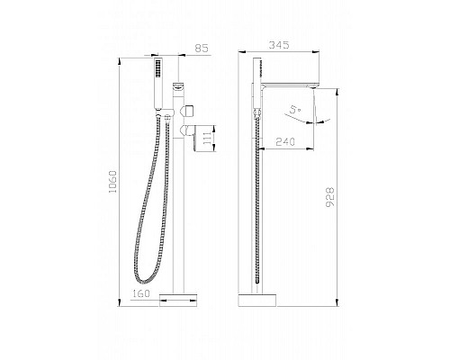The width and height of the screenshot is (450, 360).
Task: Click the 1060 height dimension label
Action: pyautogui.click(x=112, y=182)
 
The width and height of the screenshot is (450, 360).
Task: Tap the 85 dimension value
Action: pyautogui.click(x=202, y=48)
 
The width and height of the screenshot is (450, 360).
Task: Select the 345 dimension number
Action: pyautogui.click(x=279, y=45)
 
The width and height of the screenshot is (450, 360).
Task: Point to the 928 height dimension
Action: pyautogui.click(x=330, y=197)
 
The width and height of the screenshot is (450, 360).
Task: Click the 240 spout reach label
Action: pyautogui.click(x=285, y=141)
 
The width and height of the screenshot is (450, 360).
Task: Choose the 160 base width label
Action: pyautogui.click(x=140, y=293)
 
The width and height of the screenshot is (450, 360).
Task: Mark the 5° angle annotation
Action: pyautogui.click(x=294, y=110)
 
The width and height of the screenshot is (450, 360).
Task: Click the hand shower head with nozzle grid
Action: pyautogui.click(x=158, y=83)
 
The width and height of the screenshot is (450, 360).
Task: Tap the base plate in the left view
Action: pyautogui.click(x=178, y=300)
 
